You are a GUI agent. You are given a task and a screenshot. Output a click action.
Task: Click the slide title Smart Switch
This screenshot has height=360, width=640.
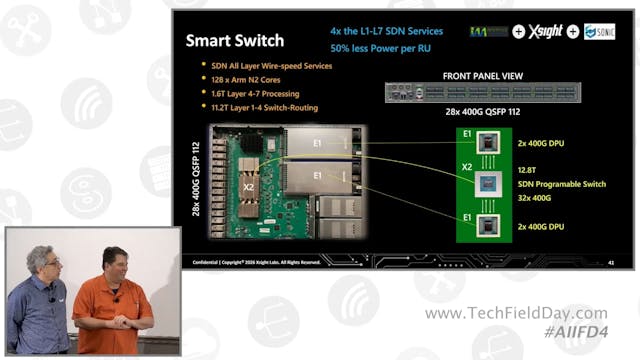point(235,42)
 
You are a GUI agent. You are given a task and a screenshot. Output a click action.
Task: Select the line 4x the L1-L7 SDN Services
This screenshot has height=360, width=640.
point(386,31)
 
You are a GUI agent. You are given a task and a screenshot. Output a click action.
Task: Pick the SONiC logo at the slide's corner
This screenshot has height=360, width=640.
point(599,32)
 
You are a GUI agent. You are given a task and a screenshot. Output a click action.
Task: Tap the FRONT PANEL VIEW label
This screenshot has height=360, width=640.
point(483,76)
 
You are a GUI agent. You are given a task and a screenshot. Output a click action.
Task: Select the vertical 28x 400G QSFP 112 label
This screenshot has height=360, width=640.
point(197,180)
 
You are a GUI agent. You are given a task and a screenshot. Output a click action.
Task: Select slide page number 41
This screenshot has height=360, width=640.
point(610,262)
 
